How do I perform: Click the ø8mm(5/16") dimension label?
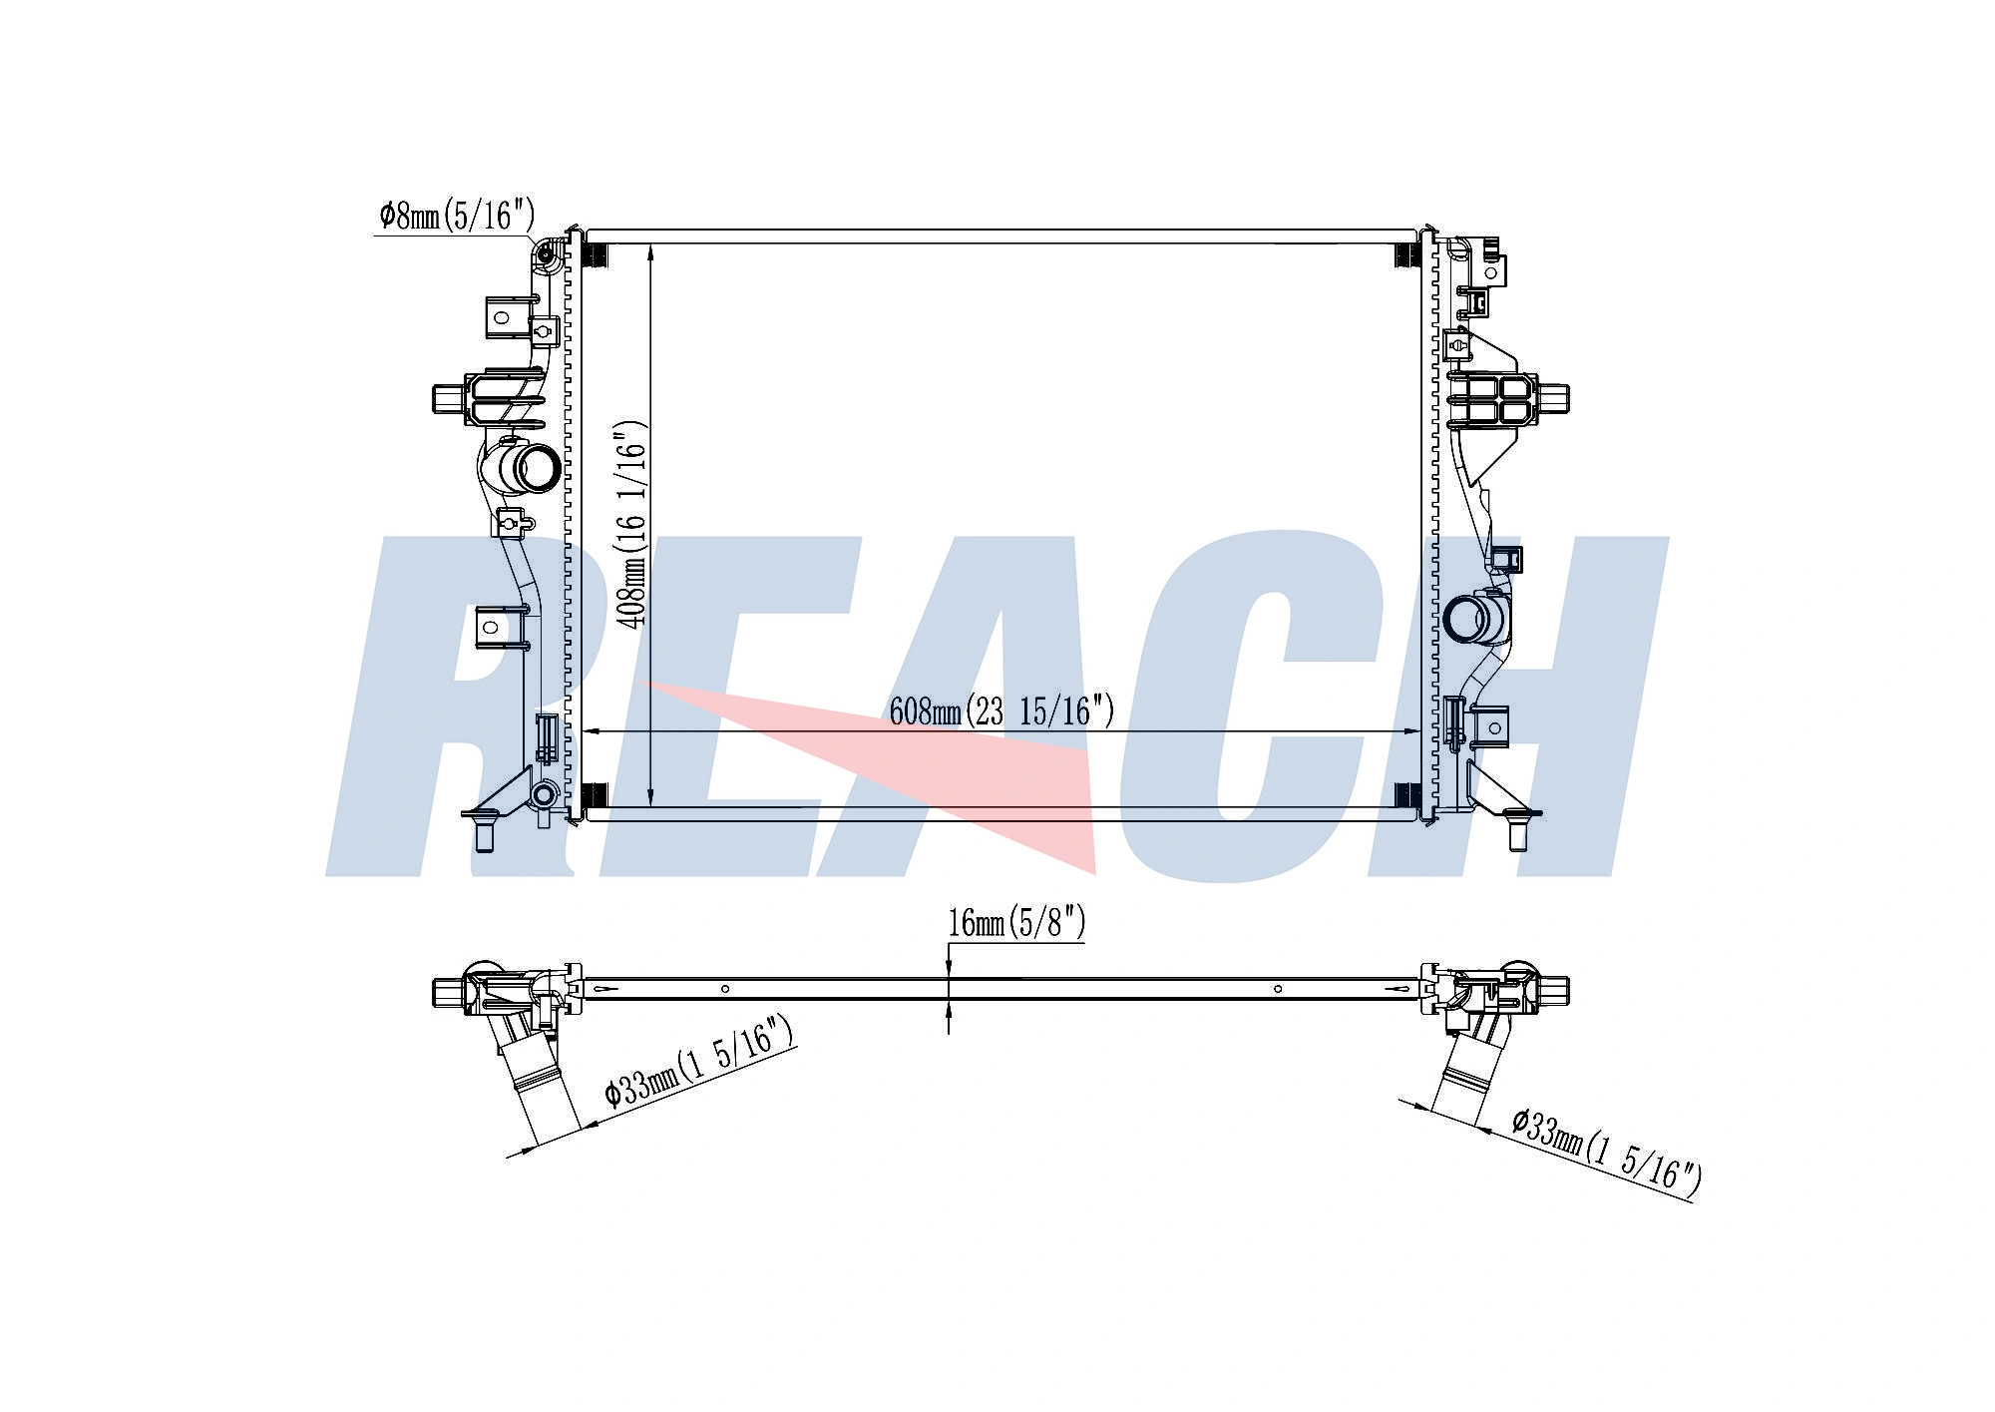click(x=457, y=215)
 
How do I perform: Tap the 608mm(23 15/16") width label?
click(x=1000, y=711)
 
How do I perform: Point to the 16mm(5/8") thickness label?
click(x=1015, y=922)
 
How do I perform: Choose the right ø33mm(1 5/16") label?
click(x=1604, y=1152)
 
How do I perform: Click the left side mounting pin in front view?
click(x=446, y=398)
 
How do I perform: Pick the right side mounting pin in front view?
click(x=1553, y=397)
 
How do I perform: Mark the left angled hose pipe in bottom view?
click(x=539, y=1088)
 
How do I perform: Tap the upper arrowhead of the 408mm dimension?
click(x=650, y=251)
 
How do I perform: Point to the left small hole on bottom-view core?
click(x=725, y=989)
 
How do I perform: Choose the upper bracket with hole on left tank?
click(x=501, y=318)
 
